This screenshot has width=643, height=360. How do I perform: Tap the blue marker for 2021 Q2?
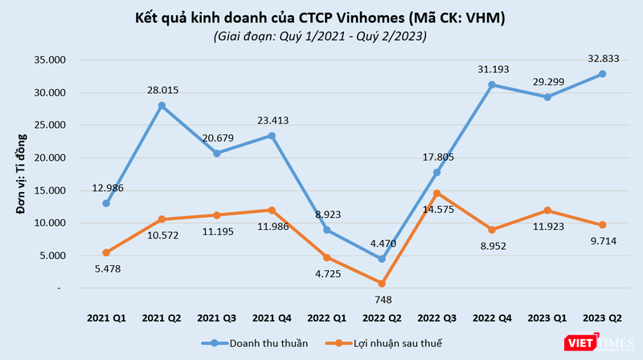coord(162,106)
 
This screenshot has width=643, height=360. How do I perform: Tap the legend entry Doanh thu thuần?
coord(258,343)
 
